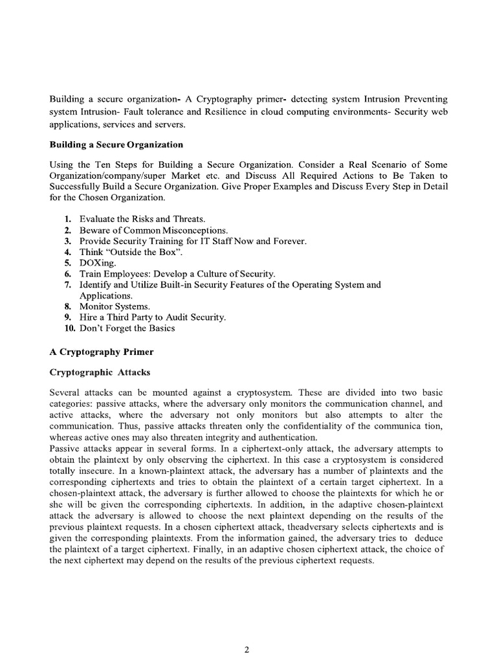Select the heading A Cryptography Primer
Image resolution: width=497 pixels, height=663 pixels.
click(x=102, y=352)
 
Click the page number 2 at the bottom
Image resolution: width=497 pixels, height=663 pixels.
click(x=247, y=633)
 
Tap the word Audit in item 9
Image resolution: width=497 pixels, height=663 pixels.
click(x=175, y=317)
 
